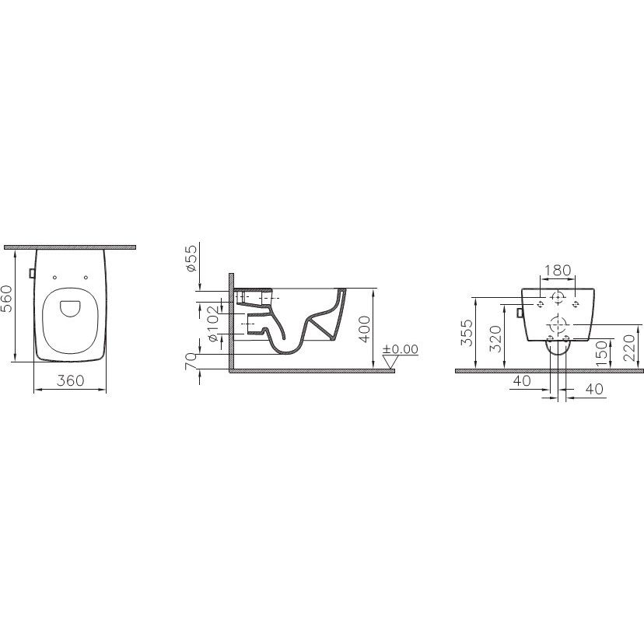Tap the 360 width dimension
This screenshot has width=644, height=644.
point(70,381)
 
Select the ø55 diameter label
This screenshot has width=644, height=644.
point(191,257)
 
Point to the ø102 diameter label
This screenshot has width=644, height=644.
point(213,324)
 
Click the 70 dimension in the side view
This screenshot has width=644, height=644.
point(191,362)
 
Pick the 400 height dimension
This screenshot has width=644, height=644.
point(365,329)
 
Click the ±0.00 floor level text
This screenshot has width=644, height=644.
point(400,349)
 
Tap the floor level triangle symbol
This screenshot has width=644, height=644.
point(390,362)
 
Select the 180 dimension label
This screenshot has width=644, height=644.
point(558,270)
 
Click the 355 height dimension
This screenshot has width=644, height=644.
point(467,333)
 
